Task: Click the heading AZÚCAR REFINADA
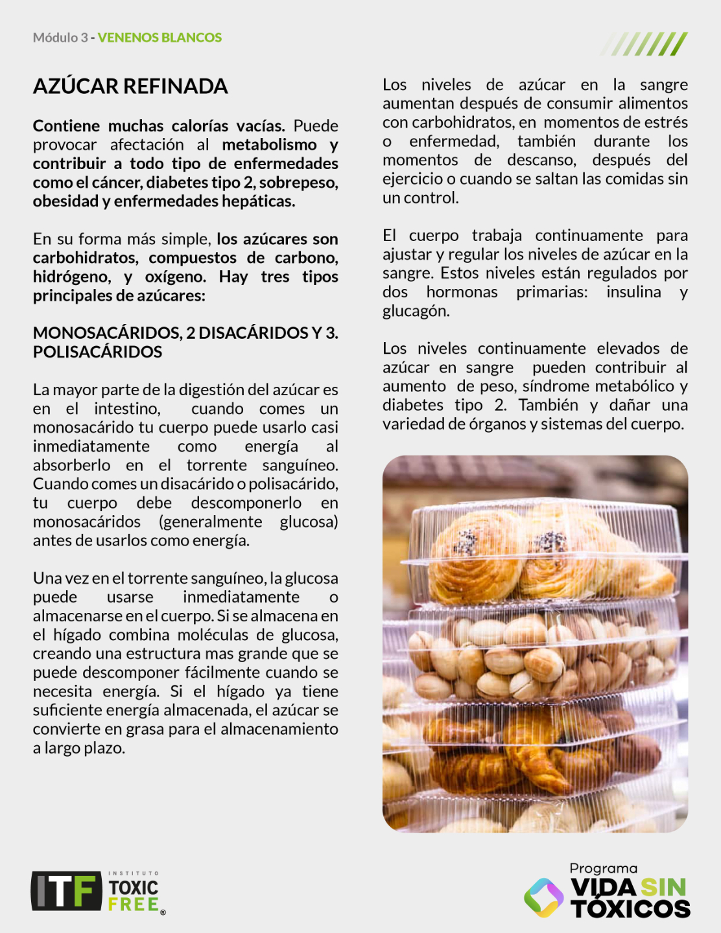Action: coord(130,86)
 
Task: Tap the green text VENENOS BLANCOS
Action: coord(160,38)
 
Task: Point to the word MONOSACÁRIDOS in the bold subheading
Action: coord(108,333)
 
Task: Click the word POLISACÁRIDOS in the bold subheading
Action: coord(97,352)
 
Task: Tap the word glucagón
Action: coord(415,311)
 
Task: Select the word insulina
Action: coord(633,292)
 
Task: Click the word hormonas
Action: coord(462,292)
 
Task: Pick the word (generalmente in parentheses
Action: coord(211,522)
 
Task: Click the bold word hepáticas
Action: coord(258,202)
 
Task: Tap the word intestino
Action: coord(127,409)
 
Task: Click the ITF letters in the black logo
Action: coord(66,891)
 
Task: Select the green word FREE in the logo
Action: coord(134,904)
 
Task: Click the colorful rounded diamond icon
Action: coord(543,897)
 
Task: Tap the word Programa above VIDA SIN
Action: coord(603,869)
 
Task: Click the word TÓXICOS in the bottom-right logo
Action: coord(630,908)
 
